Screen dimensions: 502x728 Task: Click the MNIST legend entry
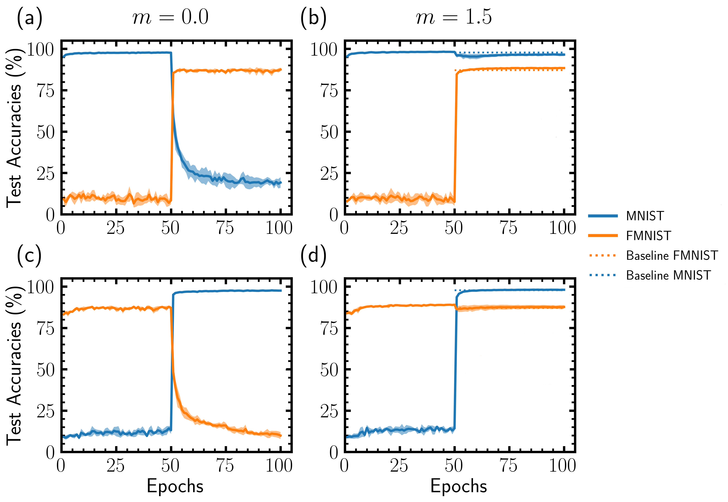pyautogui.click(x=645, y=216)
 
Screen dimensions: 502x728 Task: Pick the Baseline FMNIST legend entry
pyautogui.click(x=672, y=255)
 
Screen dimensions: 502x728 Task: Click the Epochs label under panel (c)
pyautogui.click(x=175, y=486)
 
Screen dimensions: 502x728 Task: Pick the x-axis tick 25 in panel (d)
pyautogui.click(x=399, y=465)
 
